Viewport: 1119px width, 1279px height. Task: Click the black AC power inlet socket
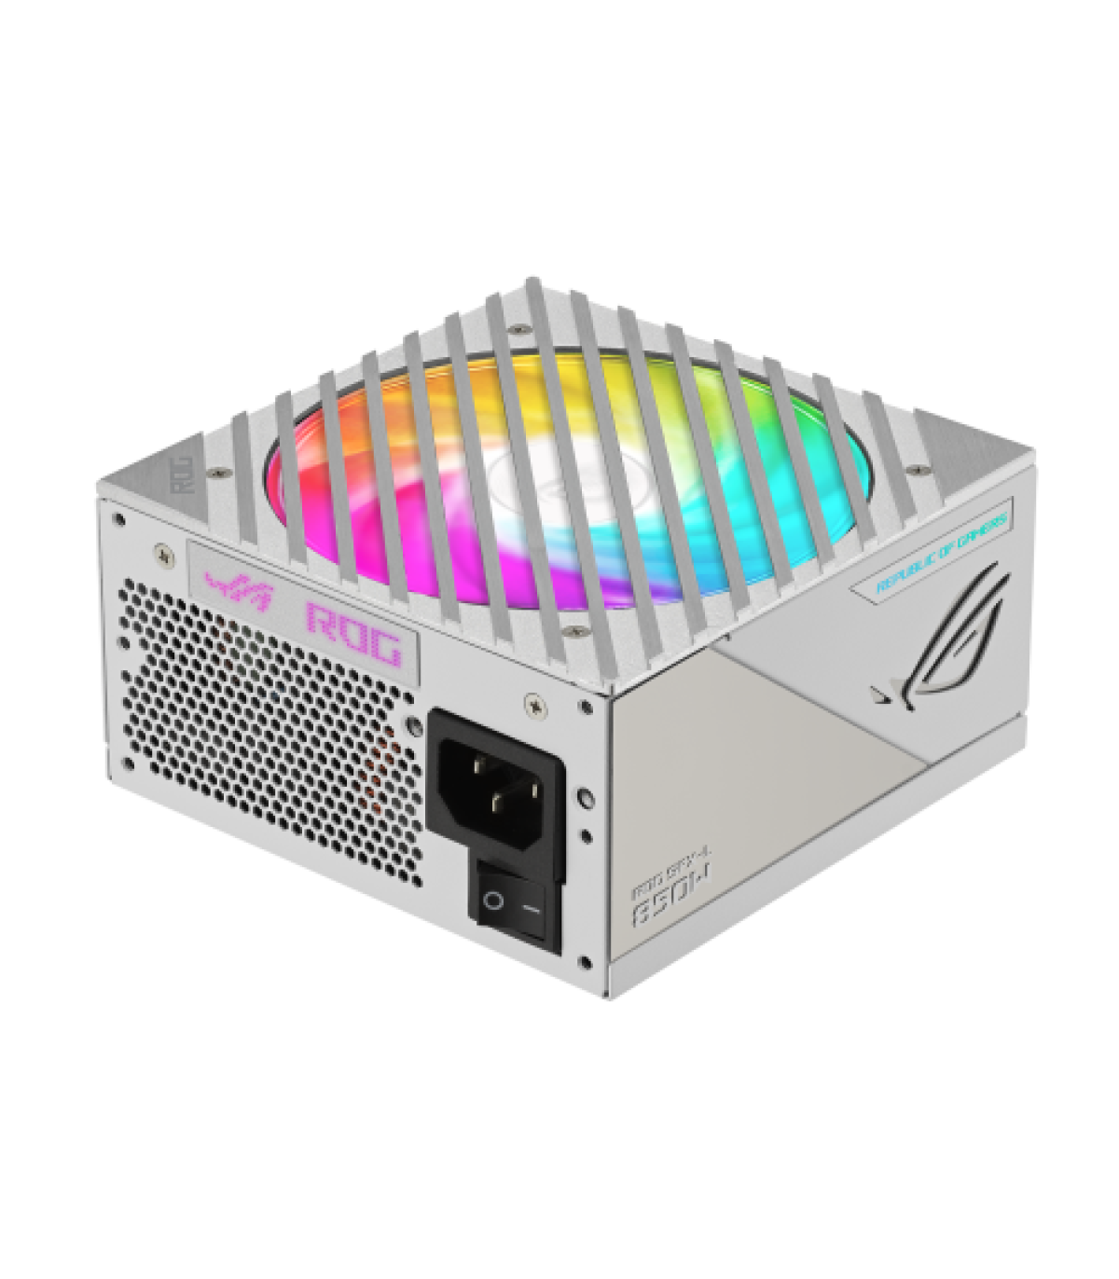[x=495, y=791]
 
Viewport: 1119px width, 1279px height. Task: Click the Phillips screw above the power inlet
[x=533, y=704]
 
